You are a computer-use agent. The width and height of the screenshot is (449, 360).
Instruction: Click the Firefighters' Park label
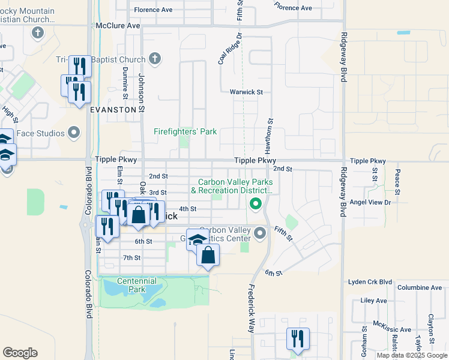click(185, 131)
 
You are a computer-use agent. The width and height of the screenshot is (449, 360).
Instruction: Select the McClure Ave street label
click(118, 26)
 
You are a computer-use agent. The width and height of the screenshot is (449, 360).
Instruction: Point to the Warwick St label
click(246, 92)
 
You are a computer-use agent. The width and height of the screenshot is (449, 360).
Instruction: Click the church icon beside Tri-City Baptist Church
click(155, 59)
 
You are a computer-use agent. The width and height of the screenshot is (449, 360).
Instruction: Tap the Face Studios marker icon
click(74, 132)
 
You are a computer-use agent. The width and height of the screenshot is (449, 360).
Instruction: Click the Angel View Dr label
click(370, 203)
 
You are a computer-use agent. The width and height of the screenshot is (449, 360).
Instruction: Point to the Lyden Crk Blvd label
click(370, 282)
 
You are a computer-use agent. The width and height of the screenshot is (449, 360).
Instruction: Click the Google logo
click(20, 353)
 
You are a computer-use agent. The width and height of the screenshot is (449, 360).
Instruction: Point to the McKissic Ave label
click(393, 330)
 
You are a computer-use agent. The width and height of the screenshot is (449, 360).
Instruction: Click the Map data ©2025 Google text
click(412, 355)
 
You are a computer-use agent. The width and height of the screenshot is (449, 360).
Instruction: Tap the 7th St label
click(131, 257)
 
